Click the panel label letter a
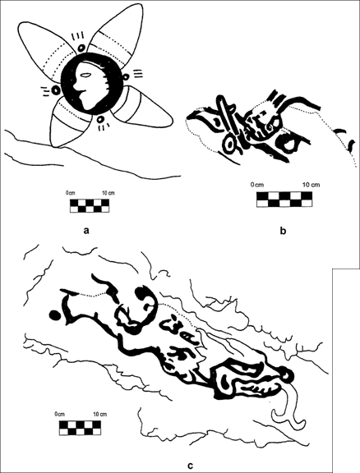click(86, 231)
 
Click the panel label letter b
click(283, 231)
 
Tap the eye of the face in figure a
click(85, 76)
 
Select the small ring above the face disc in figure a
click(81, 48)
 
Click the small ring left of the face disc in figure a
click(55, 90)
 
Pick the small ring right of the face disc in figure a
click(126, 76)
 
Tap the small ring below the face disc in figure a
click(100, 119)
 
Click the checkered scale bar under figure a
click(90, 205)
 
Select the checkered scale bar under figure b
click(284, 200)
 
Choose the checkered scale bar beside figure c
click(80, 428)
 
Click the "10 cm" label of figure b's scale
click(311, 185)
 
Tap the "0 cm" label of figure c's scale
click(60, 414)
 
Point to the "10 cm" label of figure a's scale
click(108, 193)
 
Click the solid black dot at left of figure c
click(54, 315)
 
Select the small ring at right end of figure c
click(287, 375)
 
